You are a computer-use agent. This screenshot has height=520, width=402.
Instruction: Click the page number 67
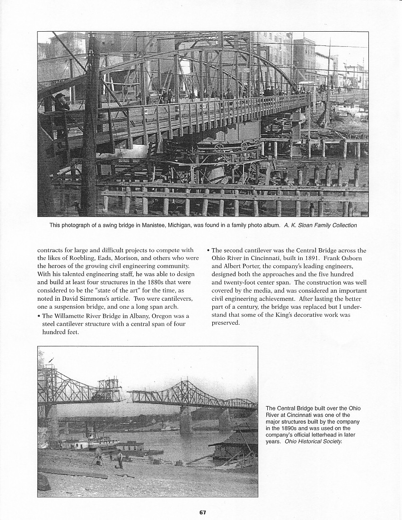[202, 512]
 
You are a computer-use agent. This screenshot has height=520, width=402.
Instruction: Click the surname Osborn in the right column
[349, 258]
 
